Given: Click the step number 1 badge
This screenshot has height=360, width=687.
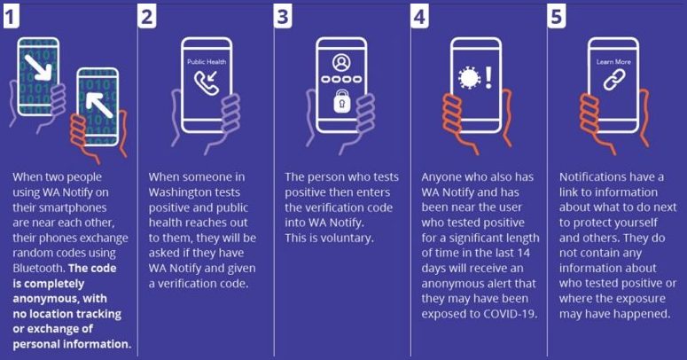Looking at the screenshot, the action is pyautogui.click(x=11, y=17).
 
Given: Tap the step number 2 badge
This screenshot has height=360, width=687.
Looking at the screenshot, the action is pyautogui.click(x=147, y=17).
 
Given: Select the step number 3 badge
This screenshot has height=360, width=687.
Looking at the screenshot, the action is pyautogui.click(x=283, y=17).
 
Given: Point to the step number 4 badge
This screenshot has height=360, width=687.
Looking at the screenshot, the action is pyautogui.click(x=420, y=17).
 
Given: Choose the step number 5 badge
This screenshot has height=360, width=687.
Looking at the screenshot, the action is pyautogui.click(x=557, y=17).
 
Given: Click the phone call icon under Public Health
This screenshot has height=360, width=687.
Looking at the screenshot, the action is pyautogui.click(x=207, y=82).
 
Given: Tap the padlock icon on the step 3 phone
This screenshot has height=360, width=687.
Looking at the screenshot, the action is pyautogui.click(x=342, y=101).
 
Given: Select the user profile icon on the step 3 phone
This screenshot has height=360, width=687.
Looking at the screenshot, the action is pyautogui.click(x=341, y=63).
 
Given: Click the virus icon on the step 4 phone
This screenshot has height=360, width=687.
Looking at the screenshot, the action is pyautogui.click(x=469, y=79).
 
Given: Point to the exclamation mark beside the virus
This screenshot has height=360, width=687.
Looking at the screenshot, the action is pyautogui.click(x=488, y=78).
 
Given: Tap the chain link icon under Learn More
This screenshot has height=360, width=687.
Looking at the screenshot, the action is pyautogui.click(x=614, y=80).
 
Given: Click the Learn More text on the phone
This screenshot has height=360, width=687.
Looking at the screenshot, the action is pyautogui.click(x=613, y=62).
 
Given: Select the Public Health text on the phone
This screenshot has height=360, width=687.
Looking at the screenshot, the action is pyautogui.click(x=207, y=62).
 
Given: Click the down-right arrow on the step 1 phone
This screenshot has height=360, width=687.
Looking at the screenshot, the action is pyautogui.click(x=38, y=67).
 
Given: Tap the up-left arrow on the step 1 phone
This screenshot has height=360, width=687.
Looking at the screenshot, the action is pyautogui.click(x=99, y=106).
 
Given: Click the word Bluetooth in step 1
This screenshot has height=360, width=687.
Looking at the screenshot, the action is pyautogui.click(x=38, y=268).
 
